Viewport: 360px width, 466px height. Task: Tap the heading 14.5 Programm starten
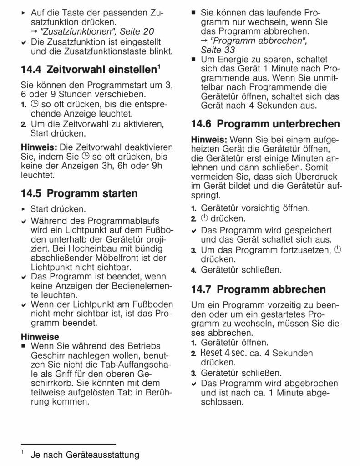pyautogui.click(x=79, y=193)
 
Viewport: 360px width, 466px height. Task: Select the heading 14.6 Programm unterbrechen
pyautogui.click(x=265, y=123)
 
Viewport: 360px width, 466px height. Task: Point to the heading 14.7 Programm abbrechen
pyautogui.click(x=259, y=289)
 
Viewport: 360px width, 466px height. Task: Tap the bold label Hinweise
pyautogui.click(x=40, y=337)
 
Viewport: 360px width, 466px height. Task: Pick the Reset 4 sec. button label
pyautogui.click(x=222, y=353)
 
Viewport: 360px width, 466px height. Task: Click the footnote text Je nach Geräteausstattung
pyautogui.click(x=85, y=455)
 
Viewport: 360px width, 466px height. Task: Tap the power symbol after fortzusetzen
pyautogui.click(x=337, y=249)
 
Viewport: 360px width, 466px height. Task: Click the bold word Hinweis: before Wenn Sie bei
pyautogui.click(x=209, y=139)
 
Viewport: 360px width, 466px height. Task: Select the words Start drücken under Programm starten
pyautogui.click(x=58, y=209)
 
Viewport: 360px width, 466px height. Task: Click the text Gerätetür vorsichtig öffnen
pyautogui.click(x=255, y=208)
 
